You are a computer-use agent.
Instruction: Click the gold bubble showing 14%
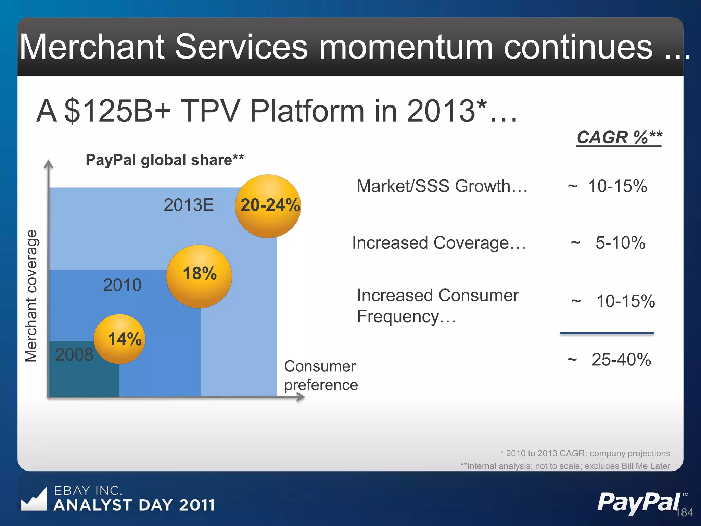(120, 339)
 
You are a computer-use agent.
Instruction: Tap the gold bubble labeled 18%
(199, 276)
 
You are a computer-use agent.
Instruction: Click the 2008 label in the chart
(74, 354)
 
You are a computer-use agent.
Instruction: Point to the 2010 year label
(122, 285)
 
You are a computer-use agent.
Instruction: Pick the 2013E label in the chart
(189, 205)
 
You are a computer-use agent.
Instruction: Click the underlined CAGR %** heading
(619, 138)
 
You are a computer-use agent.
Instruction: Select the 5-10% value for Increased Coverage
(620, 243)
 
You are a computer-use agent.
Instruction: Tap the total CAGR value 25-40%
(621, 360)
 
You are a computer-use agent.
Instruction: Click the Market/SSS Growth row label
(442, 186)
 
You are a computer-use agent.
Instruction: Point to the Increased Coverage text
(439, 243)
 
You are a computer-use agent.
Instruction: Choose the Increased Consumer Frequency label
(437, 305)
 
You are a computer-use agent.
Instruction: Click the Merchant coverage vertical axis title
(31, 296)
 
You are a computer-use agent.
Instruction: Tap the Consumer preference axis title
(321, 375)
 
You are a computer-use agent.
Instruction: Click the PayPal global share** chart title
(165, 160)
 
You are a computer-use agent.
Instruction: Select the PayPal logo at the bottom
(639, 502)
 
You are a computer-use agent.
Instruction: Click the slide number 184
(684, 513)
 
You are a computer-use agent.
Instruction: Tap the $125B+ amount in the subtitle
(117, 111)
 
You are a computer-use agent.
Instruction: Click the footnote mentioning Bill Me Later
(565, 466)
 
